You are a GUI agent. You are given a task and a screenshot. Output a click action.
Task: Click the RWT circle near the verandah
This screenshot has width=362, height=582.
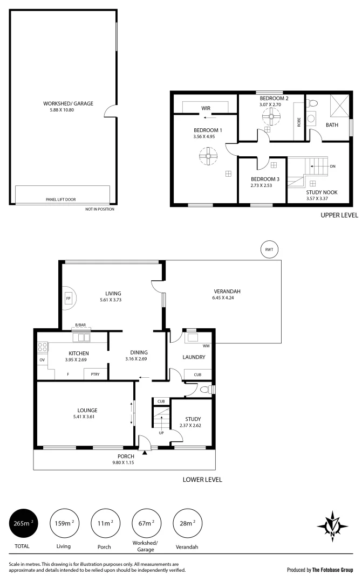(268, 249)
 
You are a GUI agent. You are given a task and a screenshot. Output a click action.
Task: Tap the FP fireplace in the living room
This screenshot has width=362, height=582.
(69, 298)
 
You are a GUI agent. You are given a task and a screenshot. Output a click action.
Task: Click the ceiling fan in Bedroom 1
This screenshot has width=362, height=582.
(206, 157)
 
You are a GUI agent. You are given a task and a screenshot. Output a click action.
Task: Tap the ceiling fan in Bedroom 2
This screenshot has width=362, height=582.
(268, 118)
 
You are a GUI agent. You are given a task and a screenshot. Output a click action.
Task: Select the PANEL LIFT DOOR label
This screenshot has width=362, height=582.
(60, 199)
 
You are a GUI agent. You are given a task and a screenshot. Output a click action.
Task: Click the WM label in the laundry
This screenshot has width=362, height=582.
(206, 346)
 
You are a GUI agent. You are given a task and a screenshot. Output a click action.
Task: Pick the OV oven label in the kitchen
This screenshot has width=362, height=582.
(42, 359)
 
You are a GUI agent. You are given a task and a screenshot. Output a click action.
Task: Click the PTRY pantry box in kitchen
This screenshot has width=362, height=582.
(95, 373)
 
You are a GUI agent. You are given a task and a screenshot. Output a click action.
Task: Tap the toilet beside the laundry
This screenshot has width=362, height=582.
(204, 389)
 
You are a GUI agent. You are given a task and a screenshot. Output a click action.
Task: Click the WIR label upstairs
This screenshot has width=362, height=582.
(206, 108)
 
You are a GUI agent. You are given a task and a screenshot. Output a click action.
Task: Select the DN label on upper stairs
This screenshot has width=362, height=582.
(332, 167)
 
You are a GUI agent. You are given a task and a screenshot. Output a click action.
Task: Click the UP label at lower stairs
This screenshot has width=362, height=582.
(161, 433)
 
